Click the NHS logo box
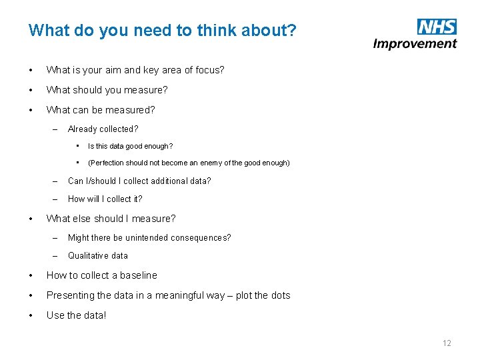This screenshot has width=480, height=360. pyautogui.click(x=437, y=27)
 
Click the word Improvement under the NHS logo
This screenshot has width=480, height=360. pyautogui.click(x=415, y=44)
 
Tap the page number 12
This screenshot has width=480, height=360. pyautogui.click(x=447, y=343)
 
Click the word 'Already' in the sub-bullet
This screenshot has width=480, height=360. pyautogui.click(x=83, y=129)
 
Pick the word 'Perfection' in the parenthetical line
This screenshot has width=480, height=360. pyautogui.click(x=107, y=163)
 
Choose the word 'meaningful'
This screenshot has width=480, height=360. pyautogui.click(x=180, y=295)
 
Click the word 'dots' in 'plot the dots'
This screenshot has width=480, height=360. pyautogui.click(x=281, y=295)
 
